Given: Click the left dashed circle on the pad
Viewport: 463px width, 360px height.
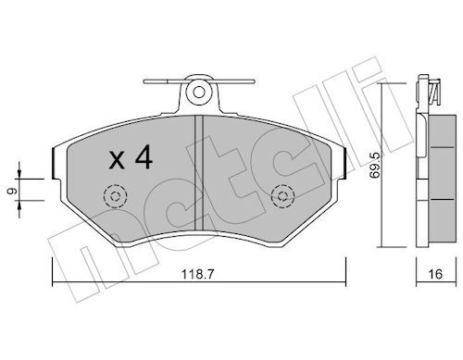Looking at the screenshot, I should tap(115, 196).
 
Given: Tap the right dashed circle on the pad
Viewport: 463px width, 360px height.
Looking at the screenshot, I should tap(282, 196).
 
